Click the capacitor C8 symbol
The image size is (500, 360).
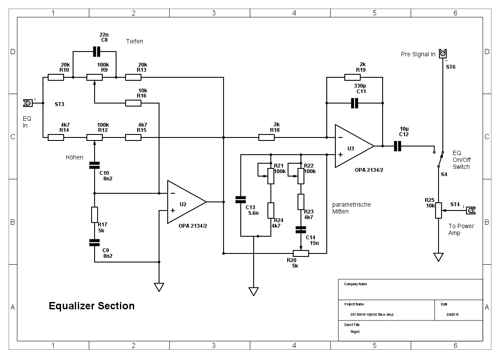[x=96, y=52]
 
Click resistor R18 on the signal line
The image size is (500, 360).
[x=267, y=137]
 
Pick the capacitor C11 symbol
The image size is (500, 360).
[x=354, y=103]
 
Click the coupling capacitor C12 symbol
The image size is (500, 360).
[x=397, y=146]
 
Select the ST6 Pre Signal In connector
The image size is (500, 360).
[x=443, y=54]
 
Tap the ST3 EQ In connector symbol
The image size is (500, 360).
[x=28, y=103]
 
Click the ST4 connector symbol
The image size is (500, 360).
[x=470, y=211]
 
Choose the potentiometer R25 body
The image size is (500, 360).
[x=438, y=211]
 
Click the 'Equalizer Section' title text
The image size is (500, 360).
[x=92, y=306]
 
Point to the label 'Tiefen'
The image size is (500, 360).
[x=135, y=41]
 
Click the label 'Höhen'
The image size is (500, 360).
[x=74, y=157]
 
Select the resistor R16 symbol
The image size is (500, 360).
[x=133, y=103]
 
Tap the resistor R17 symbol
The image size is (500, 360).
[x=95, y=214]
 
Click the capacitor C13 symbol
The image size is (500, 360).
[x=241, y=199]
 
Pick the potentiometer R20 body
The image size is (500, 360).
[x=301, y=253]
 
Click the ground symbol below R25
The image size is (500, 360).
[x=438, y=257]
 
